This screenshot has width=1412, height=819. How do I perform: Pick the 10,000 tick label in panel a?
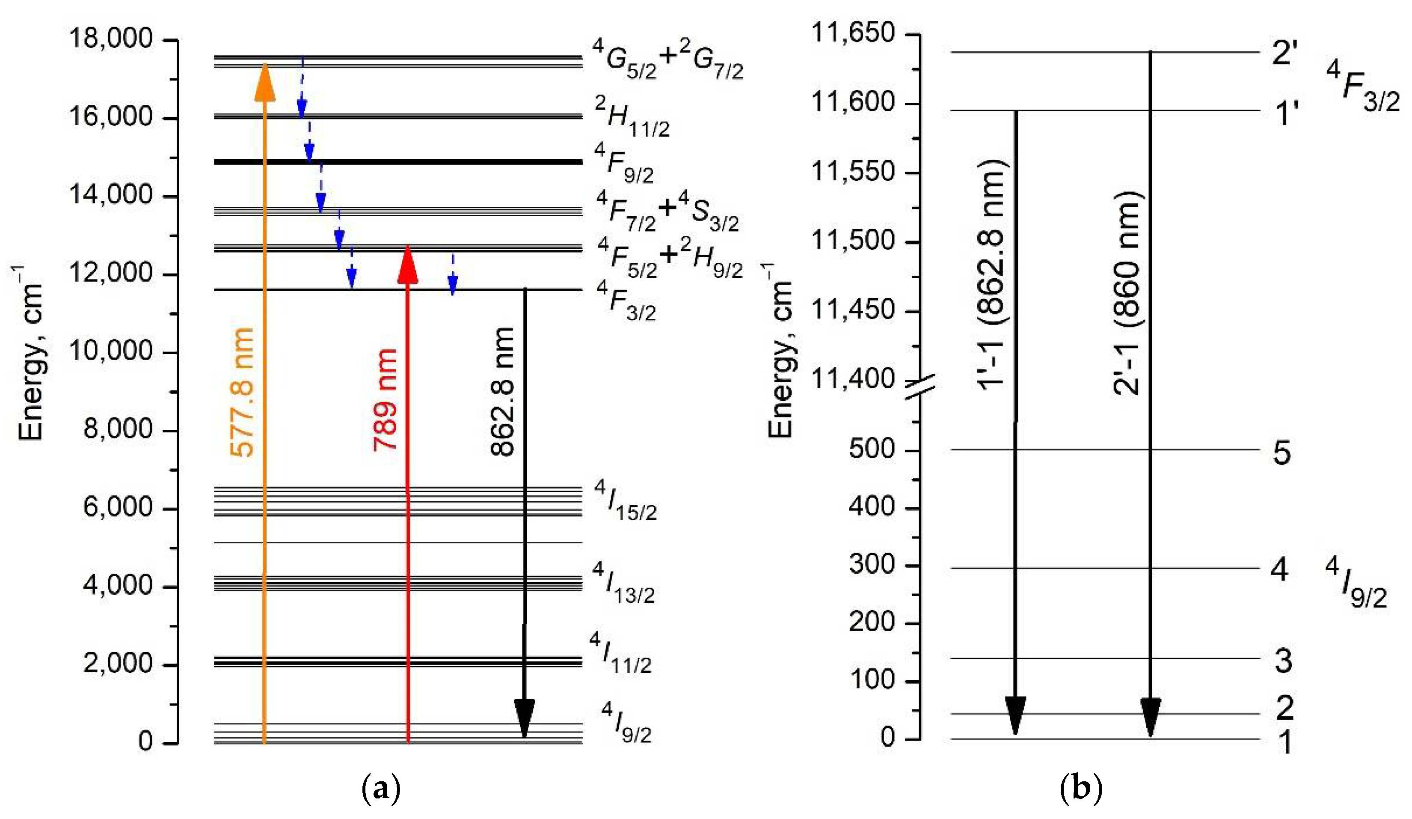[x=110, y=351]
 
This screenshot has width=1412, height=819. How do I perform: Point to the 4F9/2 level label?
[x=624, y=163]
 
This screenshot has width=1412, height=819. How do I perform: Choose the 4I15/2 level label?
[x=625, y=501]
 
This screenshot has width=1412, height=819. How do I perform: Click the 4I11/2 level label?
[x=621, y=654]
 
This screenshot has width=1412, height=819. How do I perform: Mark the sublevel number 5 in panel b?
[x=1282, y=453]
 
